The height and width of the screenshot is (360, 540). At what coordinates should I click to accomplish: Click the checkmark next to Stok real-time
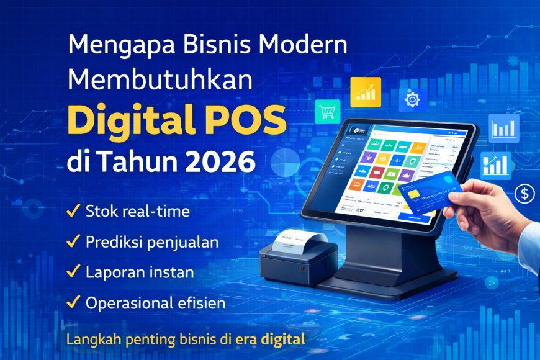tap(72, 211)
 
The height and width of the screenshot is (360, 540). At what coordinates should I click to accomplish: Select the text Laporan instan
tap(140, 272)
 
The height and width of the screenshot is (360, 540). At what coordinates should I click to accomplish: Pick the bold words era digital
tap(271, 340)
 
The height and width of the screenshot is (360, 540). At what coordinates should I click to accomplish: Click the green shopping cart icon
tap(327, 112)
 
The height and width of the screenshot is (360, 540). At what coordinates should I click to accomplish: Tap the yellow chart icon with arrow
tap(365, 92)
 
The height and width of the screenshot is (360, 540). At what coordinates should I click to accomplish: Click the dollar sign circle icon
tap(524, 194)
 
